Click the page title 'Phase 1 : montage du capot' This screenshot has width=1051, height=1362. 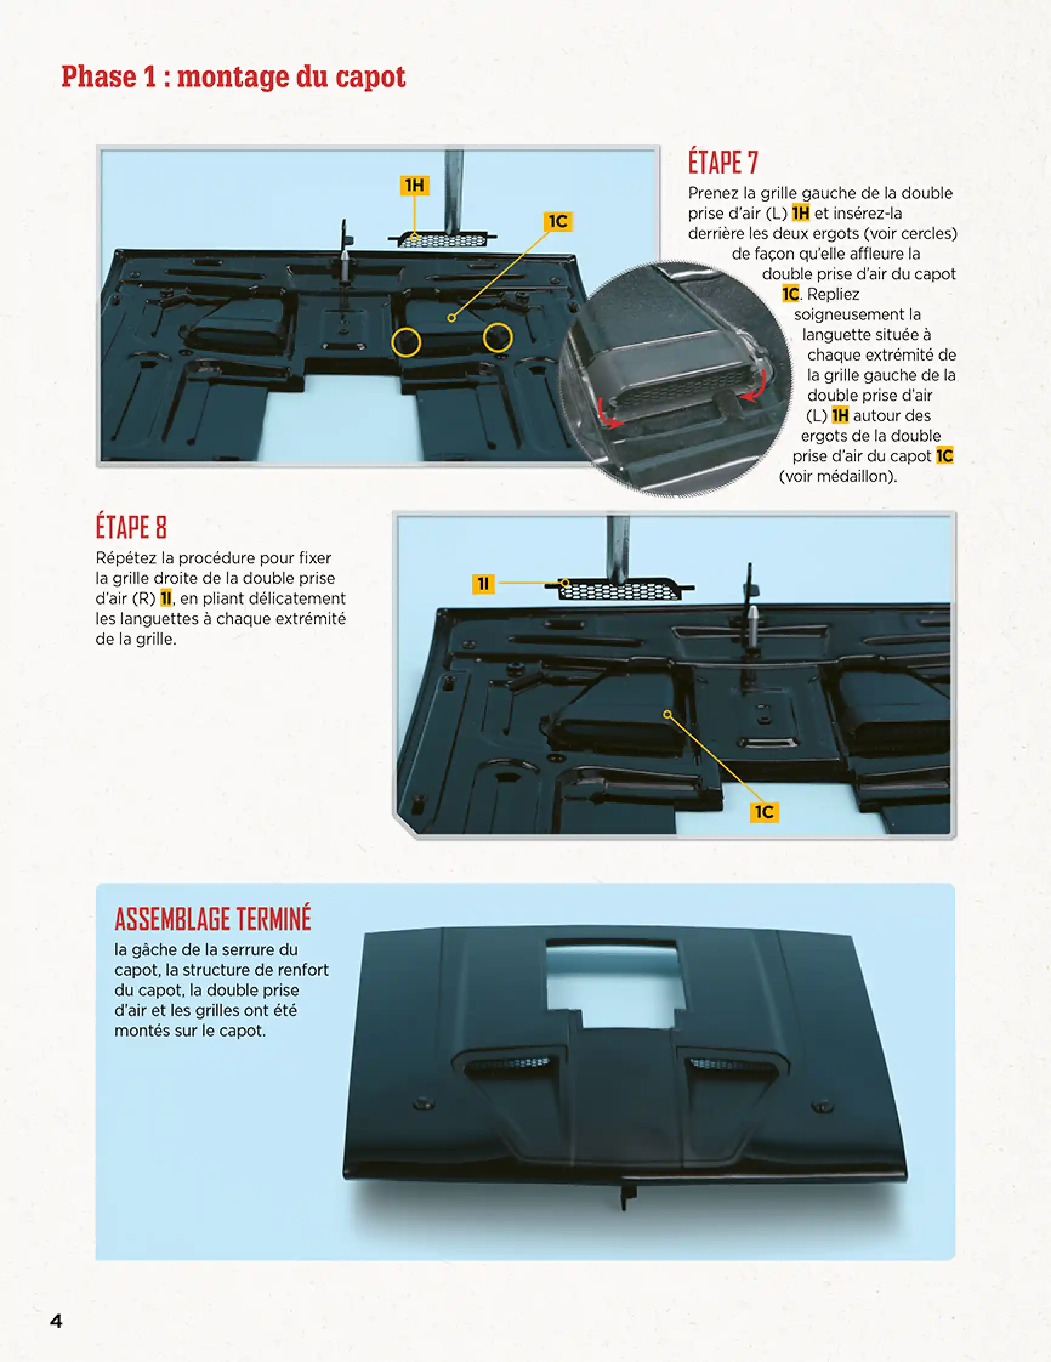(x=233, y=77)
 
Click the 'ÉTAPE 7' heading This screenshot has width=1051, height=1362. (x=723, y=163)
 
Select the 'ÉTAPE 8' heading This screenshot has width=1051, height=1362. (x=131, y=527)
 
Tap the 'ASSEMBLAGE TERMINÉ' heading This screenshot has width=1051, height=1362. (x=212, y=919)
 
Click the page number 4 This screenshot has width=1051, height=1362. (x=56, y=1321)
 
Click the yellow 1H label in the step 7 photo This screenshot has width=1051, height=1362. (x=414, y=185)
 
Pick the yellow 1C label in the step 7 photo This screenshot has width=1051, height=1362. (x=557, y=222)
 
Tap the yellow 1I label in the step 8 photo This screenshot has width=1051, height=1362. (x=483, y=584)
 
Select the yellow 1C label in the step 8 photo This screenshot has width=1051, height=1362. (x=763, y=812)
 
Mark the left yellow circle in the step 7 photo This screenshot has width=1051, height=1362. (x=406, y=342)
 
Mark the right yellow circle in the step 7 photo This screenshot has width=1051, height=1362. (x=498, y=338)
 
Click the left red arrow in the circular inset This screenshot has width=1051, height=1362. (x=608, y=415)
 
